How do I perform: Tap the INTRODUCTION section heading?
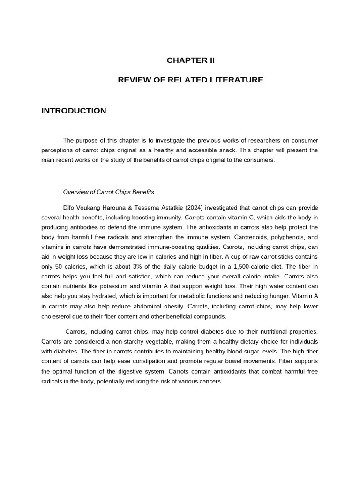point(74,111)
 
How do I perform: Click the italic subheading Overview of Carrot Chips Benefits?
point(108,192)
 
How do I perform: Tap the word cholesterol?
point(57,316)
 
